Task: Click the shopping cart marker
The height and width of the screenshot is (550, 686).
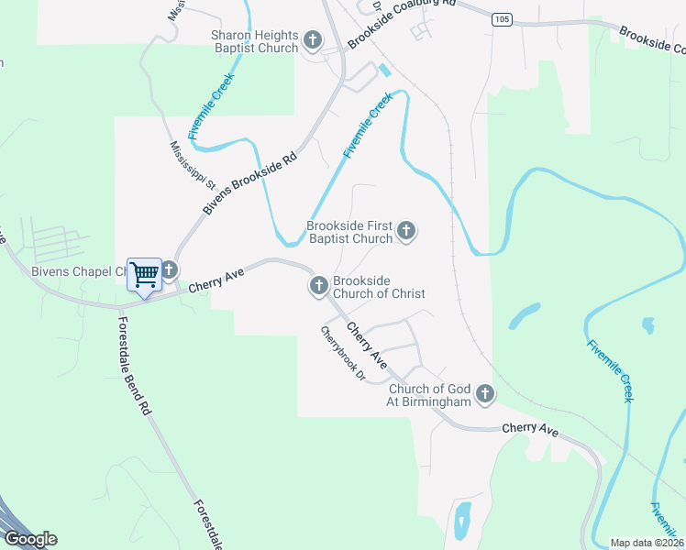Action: pyautogui.click(x=144, y=274)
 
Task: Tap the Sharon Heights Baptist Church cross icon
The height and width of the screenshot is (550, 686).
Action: pyautogui.click(x=313, y=40)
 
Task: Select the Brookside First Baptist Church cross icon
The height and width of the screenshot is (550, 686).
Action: pyautogui.click(x=406, y=231)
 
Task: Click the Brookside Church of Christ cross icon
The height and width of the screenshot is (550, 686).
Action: pyautogui.click(x=319, y=286)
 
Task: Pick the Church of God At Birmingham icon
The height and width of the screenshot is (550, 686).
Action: pyautogui.click(x=485, y=395)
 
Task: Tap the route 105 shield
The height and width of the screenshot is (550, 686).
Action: pyautogui.click(x=501, y=20)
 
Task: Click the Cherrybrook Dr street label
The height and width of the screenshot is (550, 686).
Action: pyautogui.click(x=343, y=354)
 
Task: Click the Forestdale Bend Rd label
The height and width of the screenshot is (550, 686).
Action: pyautogui.click(x=133, y=366)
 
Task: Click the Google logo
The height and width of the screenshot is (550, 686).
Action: pyautogui.click(x=30, y=539)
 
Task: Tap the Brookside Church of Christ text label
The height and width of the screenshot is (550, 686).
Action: pyautogui.click(x=378, y=287)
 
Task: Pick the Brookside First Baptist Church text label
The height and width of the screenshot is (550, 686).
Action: pyautogui.click(x=349, y=232)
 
